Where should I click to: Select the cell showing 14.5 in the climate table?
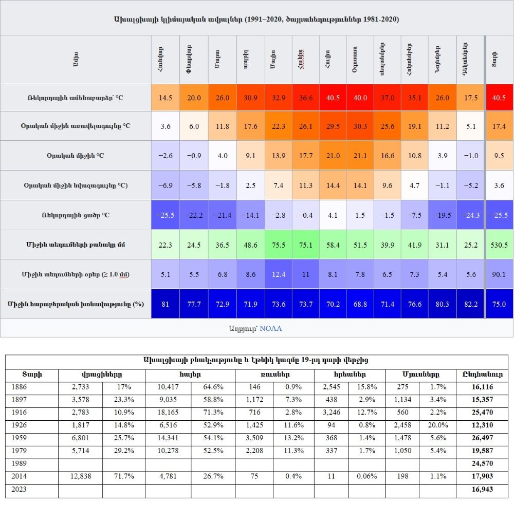tap(166, 98)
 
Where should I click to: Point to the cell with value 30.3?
tap(360, 126)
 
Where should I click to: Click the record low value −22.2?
tap(194, 215)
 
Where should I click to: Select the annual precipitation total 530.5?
tap(499, 245)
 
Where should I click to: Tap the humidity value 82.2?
tap(470, 304)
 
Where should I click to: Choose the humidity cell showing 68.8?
tap(360, 304)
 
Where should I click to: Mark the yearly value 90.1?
tap(499, 274)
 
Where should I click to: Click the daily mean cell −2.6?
tap(166, 155)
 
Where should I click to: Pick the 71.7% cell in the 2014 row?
tap(124, 477)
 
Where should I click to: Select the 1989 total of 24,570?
tap(482, 464)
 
